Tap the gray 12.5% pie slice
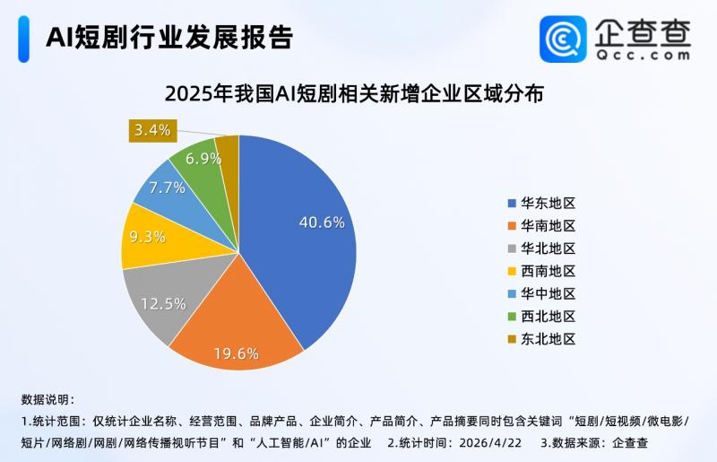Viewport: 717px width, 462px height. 157,301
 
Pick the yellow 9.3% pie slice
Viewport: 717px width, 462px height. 147,238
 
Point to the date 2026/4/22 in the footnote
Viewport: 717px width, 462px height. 492,442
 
